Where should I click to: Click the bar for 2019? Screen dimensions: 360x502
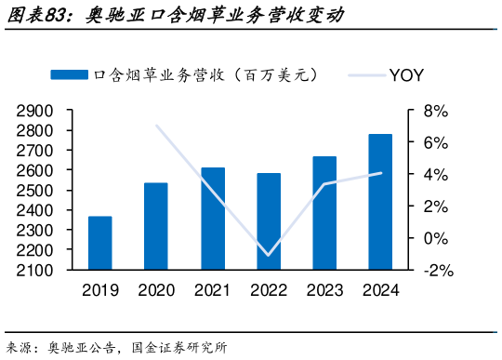(x=99, y=244)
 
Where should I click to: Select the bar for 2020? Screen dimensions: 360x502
(x=156, y=227)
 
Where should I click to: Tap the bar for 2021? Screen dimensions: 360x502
(x=213, y=220)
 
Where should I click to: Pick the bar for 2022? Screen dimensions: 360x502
(x=269, y=222)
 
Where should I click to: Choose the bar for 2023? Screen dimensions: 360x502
(x=324, y=214)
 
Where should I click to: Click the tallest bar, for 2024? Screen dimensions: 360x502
(x=380, y=203)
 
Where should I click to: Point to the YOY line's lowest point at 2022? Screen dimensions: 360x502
(x=269, y=255)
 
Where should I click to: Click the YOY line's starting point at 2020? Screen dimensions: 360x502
(x=156, y=126)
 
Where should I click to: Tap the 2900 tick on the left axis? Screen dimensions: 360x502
(x=34, y=111)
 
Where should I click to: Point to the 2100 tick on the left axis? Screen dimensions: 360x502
(x=34, y=271)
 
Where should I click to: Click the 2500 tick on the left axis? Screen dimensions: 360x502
(x=34, y=191)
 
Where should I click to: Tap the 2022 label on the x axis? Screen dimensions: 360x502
(x=269, y=290)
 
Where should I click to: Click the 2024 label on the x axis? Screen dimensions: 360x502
(x=380, y=290)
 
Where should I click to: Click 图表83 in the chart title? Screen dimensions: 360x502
(x=37, y=15)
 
